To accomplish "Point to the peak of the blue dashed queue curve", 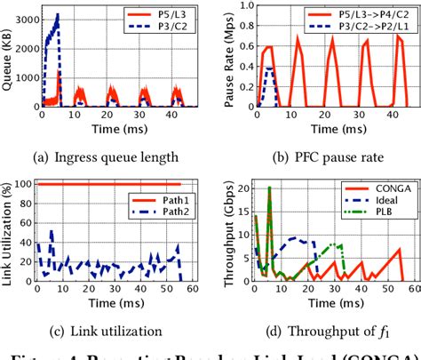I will (58, 14).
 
